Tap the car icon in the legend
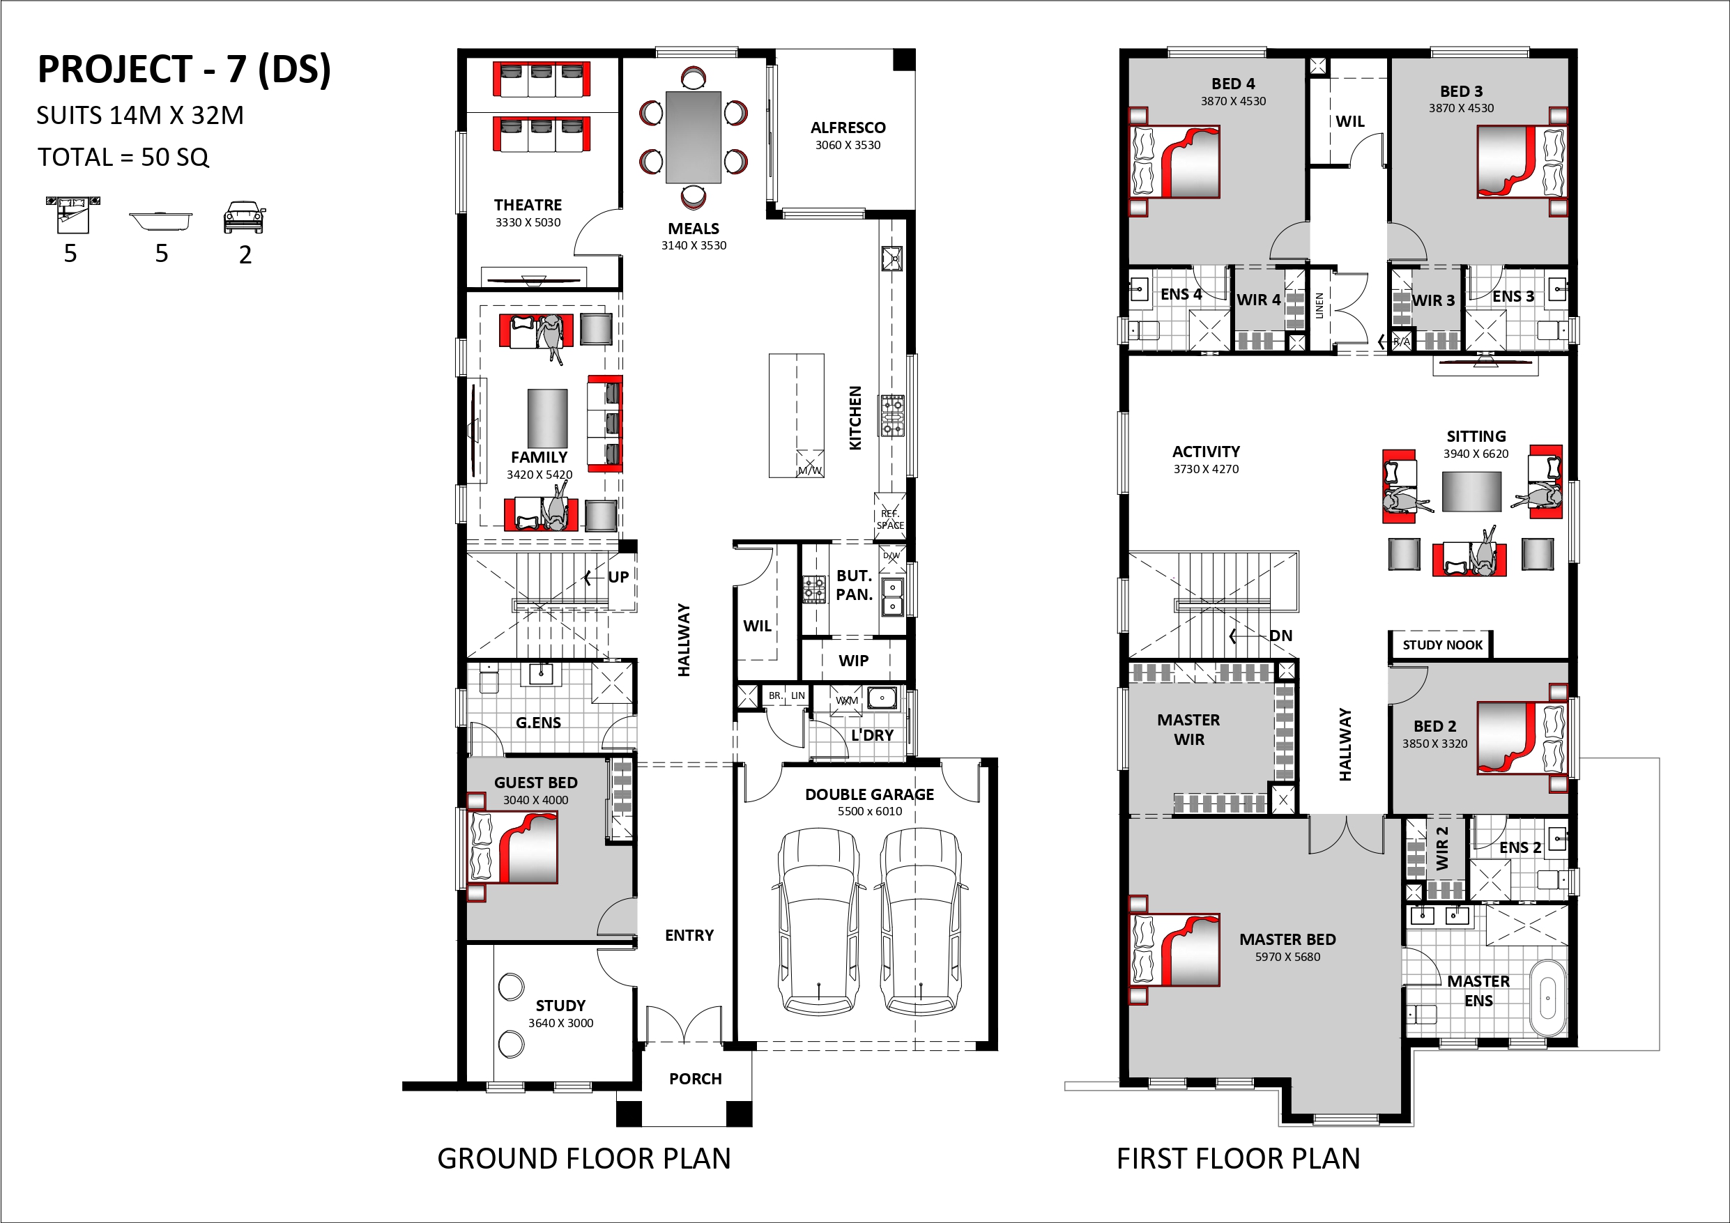pos(245,217)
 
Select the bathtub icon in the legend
pos(160,222)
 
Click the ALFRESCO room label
pos(848,128)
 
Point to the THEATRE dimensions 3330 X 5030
pos(528,222)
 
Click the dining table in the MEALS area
pos(694,137)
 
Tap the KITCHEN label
pos(855,418)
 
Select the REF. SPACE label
pos(890,519)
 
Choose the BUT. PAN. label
pos(854,585)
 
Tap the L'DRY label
pos(872,734)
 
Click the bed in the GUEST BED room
pos(513,846)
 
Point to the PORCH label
pos(696,1078)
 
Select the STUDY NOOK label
pos(1442,645)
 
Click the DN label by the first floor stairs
pos(1281,636)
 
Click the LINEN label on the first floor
pos(1319,306)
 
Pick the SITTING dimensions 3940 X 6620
pos(1476,454)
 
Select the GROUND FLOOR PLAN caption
pos(584,1158)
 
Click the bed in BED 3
pos(1520,161)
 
